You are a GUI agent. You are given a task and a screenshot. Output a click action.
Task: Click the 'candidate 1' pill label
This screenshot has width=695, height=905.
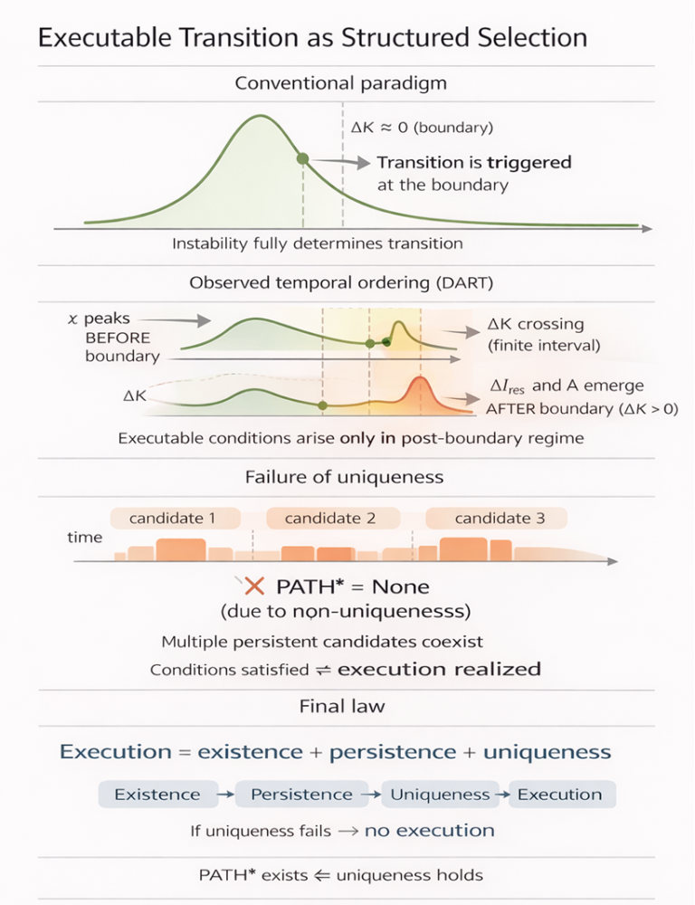(x=176, y=519)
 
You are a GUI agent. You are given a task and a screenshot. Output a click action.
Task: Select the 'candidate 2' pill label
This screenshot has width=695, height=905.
(x=333, y=519)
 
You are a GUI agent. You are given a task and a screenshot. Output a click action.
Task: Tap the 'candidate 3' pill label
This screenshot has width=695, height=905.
(x=497, y=519)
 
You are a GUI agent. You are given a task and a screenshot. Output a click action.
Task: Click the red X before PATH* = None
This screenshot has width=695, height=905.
(x=254, y=587)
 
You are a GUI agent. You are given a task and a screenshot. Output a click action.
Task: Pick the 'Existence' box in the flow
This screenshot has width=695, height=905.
(x=158, y=795)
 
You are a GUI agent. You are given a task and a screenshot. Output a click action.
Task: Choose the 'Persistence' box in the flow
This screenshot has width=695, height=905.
(x=302, y=795)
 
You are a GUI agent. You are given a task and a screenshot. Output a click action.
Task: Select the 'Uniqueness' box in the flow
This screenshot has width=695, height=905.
(x=440, y=795)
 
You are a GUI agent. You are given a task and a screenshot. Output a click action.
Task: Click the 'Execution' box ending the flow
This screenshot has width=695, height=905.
(x=561, y=795)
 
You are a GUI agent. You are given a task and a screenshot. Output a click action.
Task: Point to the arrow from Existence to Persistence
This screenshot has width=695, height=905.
(x=226, y=795)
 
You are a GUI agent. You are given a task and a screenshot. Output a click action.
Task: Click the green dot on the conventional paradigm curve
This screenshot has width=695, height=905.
(x=302, y=158)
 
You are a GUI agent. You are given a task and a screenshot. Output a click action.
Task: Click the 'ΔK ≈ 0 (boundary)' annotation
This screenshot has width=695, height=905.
(x=422, y=127)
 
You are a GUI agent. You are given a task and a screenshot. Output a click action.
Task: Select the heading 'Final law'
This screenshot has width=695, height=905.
(x=342, y=707)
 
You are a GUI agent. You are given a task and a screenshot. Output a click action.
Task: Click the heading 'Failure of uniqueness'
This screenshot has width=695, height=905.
(x=344, y=477)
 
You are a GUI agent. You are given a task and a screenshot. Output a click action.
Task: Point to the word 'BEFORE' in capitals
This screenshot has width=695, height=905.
(x=118, y=338)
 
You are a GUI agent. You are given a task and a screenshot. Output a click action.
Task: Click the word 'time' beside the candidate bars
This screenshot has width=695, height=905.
(x=84, y=538)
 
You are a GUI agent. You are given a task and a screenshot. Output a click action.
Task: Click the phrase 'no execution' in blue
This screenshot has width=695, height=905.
(x=430, y=831)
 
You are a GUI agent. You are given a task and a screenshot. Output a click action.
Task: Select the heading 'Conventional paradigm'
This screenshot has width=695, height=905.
(x=340, y=83)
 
